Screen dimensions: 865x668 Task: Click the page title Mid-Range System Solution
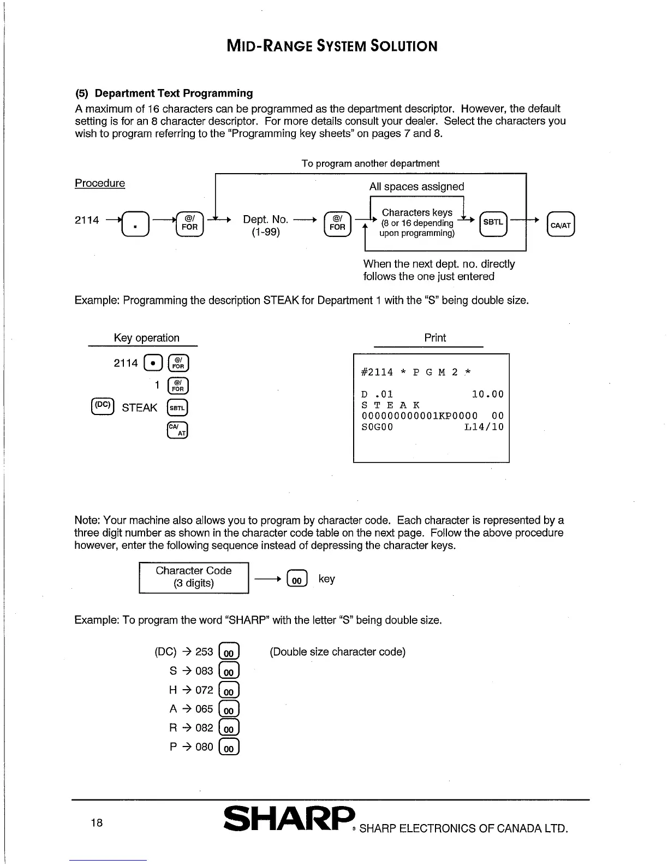click(x=332, y=46)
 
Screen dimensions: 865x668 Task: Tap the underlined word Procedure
click(x=100, y=183)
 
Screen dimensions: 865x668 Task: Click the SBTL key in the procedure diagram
click(x=493, y=223)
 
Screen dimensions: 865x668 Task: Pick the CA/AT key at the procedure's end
click(x=560, y=224)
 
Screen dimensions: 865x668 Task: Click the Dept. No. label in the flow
click(x=265, y=220)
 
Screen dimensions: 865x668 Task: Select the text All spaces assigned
click(x=416, y=187)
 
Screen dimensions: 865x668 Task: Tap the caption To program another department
click(x=370, y=163)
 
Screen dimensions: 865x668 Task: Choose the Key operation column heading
click(x=146, y=338)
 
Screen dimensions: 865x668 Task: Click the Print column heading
click(x=435, y=338)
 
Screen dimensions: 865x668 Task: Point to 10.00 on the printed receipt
click(x=487, y=394)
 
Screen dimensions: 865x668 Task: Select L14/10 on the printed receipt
click(x=484, y=427)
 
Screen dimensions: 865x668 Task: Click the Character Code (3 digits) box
click(x=194, y=577)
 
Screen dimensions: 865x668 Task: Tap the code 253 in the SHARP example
click(x=204, y=652)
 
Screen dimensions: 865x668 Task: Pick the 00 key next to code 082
click(x=229, y=728)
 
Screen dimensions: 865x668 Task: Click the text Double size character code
click(x=338, y=652)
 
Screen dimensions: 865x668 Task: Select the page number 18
click(x=97, y=823)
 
